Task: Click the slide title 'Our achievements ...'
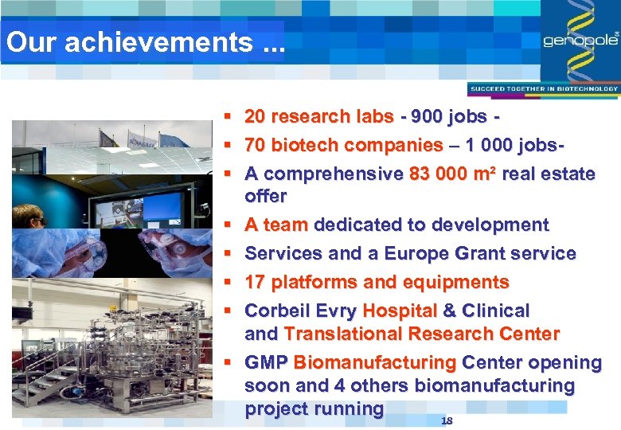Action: [144, 42]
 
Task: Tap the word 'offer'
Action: [266, 196]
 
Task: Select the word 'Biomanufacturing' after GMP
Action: [374, 363]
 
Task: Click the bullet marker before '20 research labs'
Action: [228, 117]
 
